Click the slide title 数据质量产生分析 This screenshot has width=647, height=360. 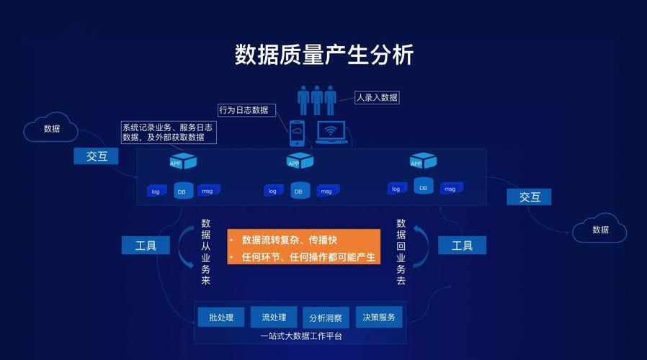click(323, 55)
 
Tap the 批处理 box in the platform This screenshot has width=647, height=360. click(221, 317)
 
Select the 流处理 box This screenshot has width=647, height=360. click(274, 317)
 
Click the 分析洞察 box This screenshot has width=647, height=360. click(326, 318)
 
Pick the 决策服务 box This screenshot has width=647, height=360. click(378, 317)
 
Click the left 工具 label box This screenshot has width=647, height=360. click(146, 246)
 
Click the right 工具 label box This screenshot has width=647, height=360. click(462, 246)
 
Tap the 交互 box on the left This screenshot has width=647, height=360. click(97, 156)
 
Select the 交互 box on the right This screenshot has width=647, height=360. click(530, 197)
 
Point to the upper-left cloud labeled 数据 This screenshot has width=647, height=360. click(51, 129)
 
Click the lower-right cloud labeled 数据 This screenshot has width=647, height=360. click(600, 230)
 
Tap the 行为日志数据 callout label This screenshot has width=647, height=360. click(244, 110)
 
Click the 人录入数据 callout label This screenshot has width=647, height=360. click(377, 97)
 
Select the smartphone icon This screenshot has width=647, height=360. click(297, 133)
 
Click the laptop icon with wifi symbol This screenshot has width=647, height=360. click(331, 132)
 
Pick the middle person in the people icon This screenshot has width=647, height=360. click(317, 99)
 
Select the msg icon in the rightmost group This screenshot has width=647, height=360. click(450, 188)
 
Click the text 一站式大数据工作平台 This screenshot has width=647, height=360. click(301, 336)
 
